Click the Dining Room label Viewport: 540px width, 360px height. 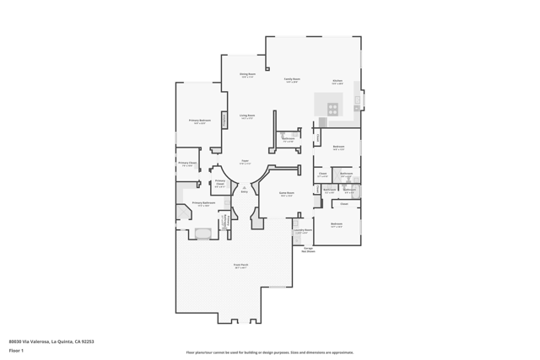[247, 74]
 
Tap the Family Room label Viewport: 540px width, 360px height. [292, 79]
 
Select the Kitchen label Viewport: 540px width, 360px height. [337, 81]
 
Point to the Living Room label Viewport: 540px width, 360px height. [247, 116]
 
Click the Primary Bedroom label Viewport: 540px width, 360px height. [200, 121]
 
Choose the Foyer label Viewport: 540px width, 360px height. [245, 161]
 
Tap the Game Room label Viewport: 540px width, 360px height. [287, 193]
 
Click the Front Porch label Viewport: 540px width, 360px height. [240, 266]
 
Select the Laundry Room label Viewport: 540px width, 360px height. [302, 230]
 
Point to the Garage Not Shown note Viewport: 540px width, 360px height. [309, 250]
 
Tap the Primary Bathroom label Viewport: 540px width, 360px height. [203, 203]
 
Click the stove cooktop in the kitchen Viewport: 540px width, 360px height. [332, 108]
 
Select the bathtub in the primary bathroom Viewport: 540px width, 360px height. [203, 234]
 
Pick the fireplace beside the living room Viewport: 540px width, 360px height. [224, 120]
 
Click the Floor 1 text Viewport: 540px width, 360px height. [16, 350]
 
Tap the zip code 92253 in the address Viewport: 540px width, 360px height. [87, 341]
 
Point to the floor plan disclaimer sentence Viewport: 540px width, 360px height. [270, 352]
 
